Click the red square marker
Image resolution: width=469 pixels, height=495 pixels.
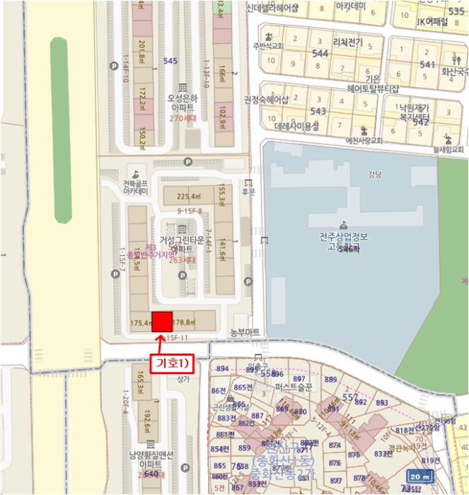162,321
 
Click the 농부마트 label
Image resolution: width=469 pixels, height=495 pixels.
245,332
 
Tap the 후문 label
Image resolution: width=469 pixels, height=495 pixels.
248,191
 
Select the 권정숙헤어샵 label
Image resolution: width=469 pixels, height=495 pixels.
267,100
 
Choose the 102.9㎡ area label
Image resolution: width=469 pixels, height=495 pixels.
222,115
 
